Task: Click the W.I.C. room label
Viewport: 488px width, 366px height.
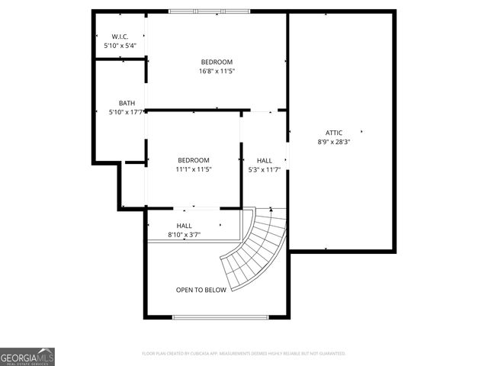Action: tap(120, 37)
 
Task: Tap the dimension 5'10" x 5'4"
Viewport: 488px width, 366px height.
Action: tap(120, 46)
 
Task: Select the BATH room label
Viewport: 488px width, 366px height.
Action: tap(127, 103)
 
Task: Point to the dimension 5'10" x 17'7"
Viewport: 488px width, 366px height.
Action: tap(127, 112)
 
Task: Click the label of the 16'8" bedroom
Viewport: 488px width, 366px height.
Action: tap(217, 62)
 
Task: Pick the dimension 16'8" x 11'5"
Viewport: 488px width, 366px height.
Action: tap(217, 71)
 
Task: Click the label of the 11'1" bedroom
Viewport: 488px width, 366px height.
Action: tap(193, 160)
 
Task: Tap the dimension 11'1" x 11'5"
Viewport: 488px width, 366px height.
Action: tap(193, 169)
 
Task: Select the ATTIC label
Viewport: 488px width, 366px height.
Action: tap(333, 132)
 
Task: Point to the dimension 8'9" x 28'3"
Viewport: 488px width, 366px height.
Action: tap(333, 141)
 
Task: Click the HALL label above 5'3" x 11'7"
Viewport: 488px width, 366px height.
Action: tap(265, 160)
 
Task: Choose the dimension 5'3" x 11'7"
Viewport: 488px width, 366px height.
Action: tap(265, 169)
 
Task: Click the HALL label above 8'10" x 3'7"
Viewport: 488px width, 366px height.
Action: tap(185, 226)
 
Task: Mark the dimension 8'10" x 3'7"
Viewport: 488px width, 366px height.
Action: tap(185, 235)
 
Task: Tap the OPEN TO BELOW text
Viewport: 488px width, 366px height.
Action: tap(201, 290)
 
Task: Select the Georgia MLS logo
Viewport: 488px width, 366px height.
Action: tap(27, 356)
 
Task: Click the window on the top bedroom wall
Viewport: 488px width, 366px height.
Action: tap(209, 11)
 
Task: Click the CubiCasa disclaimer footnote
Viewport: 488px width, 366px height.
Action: tap(244, 354)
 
